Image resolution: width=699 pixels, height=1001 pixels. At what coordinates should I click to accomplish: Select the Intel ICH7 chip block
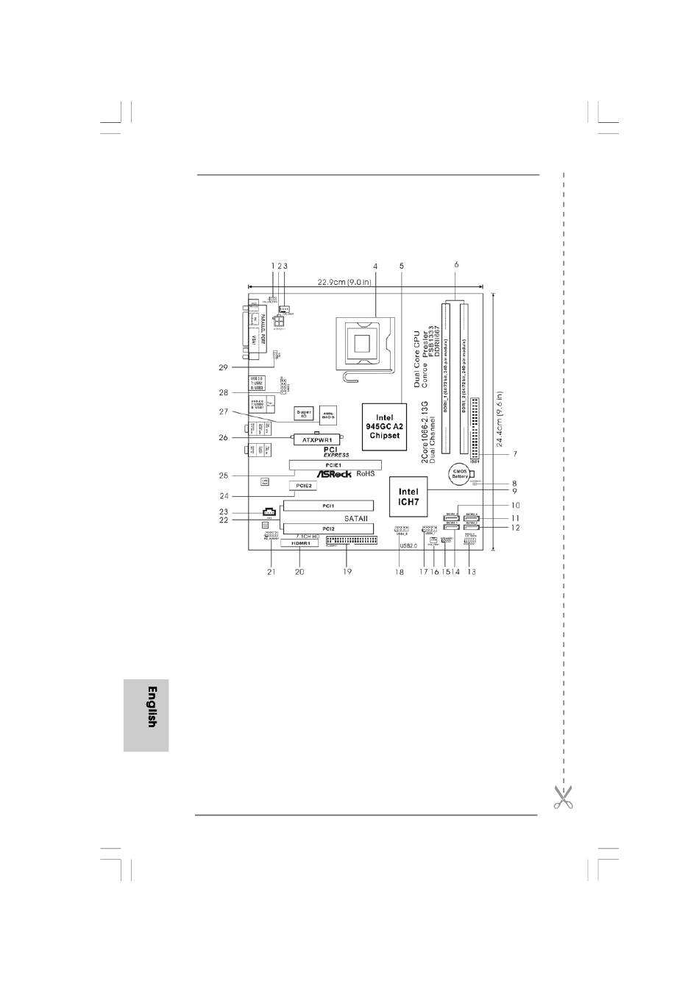(408, 497)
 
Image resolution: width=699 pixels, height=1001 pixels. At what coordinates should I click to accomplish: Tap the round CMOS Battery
(460, 473)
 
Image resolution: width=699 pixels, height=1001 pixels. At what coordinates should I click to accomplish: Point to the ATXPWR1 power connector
(316, 439)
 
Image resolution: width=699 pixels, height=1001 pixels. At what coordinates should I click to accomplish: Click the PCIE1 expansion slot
(330, 465)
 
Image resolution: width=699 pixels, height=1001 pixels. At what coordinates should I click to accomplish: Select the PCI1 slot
(328, 506)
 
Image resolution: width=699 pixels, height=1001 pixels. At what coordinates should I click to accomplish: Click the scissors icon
(563, 796)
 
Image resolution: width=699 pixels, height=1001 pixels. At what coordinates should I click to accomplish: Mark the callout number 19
(347, 571)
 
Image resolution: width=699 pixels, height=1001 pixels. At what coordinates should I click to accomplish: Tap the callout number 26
(224, 437)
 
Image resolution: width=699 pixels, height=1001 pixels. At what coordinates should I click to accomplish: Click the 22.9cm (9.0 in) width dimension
(344, 281)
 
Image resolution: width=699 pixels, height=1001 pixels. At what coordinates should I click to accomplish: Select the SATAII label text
(355, 518)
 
